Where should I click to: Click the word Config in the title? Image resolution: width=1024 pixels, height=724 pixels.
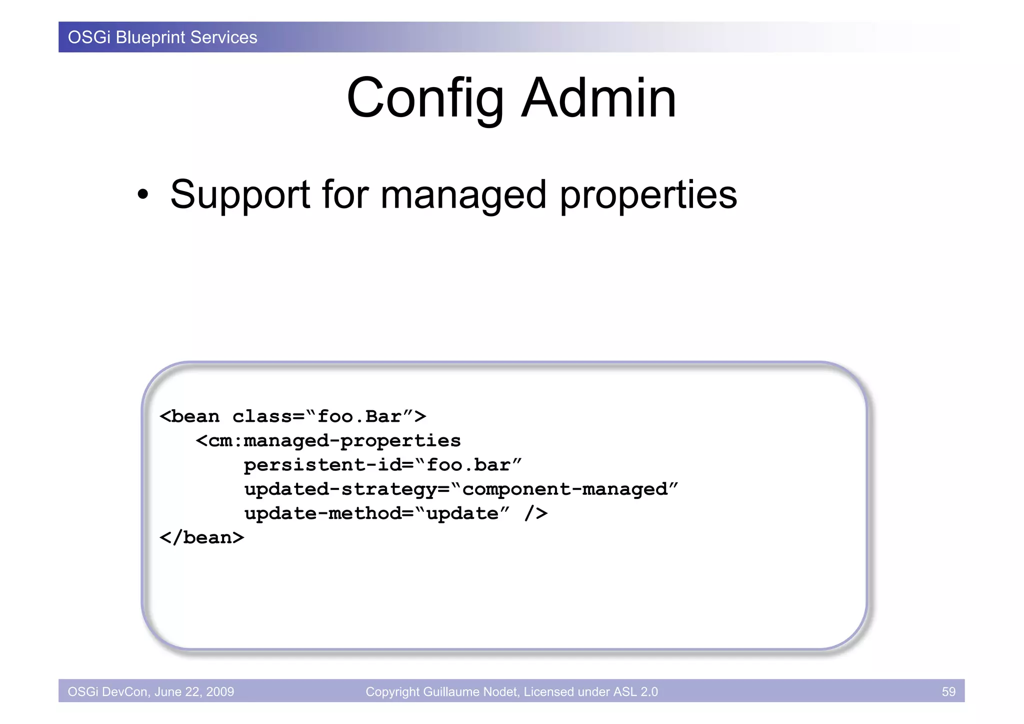[425, 99]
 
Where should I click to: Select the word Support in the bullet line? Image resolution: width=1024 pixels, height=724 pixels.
[240, 195]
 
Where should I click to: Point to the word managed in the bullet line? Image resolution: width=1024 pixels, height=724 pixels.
[463, 195]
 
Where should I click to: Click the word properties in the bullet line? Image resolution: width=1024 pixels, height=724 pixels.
[648, 195]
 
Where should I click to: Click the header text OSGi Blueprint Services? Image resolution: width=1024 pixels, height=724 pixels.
[162, 38]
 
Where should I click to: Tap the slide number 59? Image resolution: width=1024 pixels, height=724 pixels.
[948, 691]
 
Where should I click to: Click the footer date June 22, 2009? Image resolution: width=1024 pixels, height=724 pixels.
[194, 691]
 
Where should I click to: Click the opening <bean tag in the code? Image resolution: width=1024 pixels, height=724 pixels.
[189, 416]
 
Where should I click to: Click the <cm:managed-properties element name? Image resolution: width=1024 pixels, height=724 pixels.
[328, 441]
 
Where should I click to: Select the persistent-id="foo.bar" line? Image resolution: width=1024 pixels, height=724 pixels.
[382, 465]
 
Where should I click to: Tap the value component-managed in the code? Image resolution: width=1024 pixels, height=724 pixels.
[565, 489]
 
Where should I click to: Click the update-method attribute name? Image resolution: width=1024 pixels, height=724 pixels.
[323, 513]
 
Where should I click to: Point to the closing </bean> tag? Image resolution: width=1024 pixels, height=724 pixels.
[201, 537]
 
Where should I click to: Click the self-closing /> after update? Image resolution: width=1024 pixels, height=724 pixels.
[536, 513]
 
